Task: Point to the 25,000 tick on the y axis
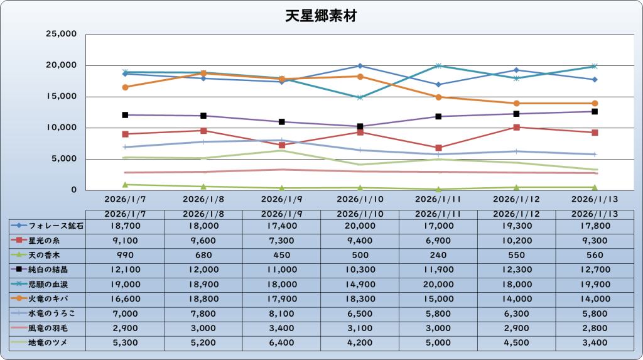[61, 34]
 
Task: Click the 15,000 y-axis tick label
[61, 97]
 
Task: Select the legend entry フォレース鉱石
[47, 225]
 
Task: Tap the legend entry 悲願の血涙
[47, 284]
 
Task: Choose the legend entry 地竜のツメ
[47, 342]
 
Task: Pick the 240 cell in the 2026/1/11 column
[438, 254]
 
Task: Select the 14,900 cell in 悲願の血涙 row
[360, 284]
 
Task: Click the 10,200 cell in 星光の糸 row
[516, 240]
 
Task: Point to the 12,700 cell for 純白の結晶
[595, 269]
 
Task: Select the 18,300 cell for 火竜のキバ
[360, 298]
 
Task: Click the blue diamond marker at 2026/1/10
[360, 66]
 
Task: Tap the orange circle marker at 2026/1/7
[125, 87]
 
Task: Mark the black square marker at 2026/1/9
[282, 122]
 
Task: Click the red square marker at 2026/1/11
[438, 148]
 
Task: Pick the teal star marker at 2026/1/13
[595, 66]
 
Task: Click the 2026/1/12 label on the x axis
[516, 199]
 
